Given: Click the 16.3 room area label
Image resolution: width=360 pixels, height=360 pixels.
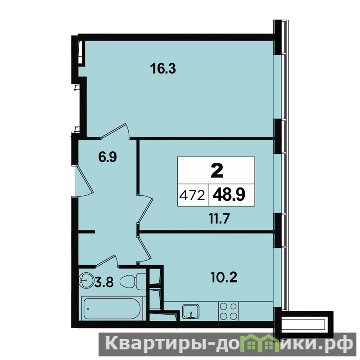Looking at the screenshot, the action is click(163, 68).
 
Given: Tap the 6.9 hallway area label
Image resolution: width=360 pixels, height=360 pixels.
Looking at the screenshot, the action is click(108, 157).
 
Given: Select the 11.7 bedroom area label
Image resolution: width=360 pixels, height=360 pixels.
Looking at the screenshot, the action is click(219, 218).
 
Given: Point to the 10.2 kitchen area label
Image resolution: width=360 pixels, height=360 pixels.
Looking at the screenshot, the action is click(224, 277).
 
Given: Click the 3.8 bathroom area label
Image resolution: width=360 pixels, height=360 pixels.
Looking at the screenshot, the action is click(104, 282).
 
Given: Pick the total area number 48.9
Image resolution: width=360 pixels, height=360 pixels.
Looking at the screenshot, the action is click(229, 195).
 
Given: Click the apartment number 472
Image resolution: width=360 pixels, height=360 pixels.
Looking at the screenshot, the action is click(192, 196).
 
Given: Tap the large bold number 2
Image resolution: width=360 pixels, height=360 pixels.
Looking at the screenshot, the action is click(217, 171).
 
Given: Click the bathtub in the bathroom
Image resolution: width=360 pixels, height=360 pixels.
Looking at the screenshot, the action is click(112, 309).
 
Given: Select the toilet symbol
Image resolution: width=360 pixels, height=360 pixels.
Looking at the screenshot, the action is click(132, 282).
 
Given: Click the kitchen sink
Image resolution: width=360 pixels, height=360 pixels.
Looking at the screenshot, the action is click(190, 311).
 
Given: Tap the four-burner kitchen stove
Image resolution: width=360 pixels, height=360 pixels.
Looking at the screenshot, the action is click(228, 311).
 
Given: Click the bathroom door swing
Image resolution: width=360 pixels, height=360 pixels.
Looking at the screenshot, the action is click(107, 261).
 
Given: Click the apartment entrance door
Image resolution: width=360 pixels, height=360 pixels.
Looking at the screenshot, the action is click(84, 181).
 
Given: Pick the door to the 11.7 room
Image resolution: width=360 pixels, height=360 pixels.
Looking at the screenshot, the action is click(144, 208).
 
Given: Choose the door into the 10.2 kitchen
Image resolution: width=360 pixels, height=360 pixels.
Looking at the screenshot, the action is click(144, 250).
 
